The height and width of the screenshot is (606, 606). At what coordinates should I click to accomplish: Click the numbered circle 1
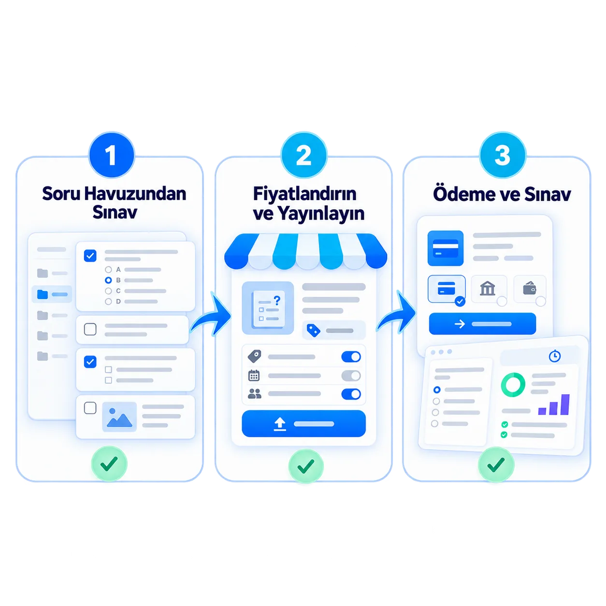point(112,155)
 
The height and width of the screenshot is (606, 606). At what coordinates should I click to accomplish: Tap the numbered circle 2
point(304,155)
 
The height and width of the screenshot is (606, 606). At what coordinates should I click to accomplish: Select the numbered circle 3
point(503,155)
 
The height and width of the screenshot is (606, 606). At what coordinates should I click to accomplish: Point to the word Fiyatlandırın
point(304,194)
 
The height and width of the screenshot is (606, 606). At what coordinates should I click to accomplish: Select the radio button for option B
point(108,280)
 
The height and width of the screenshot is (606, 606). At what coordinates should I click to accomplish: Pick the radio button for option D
point(108,301)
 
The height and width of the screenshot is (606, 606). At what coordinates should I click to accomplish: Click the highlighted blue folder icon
point(43,294)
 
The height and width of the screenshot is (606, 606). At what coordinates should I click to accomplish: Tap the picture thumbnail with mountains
point(119,417)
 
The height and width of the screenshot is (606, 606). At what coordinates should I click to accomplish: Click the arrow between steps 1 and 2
point(211,315)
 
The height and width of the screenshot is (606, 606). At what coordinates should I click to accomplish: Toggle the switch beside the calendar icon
point(351,375)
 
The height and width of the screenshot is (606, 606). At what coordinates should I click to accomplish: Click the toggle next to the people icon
point(351,394)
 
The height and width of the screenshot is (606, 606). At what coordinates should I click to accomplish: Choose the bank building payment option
point(489,289)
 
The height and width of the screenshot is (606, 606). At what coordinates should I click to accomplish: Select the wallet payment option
point(530,289)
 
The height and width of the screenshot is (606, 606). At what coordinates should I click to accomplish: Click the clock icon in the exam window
point(554,356)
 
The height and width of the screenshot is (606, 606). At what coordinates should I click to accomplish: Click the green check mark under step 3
point(496,464)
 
